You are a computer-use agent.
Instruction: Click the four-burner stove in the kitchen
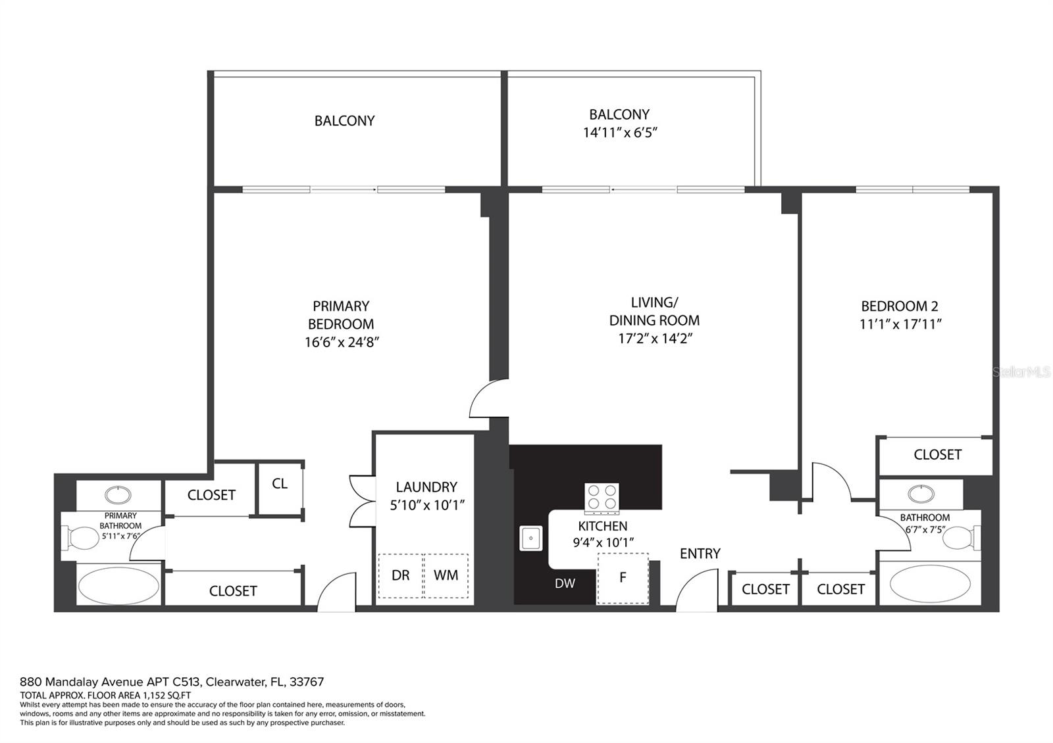[602, 497]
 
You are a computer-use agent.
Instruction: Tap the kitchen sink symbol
[530, 539]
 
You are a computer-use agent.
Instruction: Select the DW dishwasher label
[565, 583]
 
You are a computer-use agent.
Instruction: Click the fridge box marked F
[623, 578]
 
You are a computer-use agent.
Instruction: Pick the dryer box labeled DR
[401, 576]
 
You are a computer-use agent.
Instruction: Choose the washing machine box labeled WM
[446, 576]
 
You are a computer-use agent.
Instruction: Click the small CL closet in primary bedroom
[280, 489]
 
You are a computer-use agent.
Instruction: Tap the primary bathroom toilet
[82, 538]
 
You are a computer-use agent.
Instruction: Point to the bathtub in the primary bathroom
[118, 585]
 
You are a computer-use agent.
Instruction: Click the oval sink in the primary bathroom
[118, 495]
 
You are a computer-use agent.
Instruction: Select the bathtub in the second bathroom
[930, 584]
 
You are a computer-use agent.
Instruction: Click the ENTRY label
[700, 554]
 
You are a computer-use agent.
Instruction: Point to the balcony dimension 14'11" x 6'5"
[619, 133]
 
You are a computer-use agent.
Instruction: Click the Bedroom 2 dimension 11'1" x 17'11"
[900, 324]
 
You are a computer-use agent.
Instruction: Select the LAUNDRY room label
[426, 487]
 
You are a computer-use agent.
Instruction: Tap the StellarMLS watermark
[1021, 372]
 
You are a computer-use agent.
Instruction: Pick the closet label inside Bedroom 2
[937, 454]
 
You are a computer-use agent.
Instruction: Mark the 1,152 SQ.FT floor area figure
[167, 696]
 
